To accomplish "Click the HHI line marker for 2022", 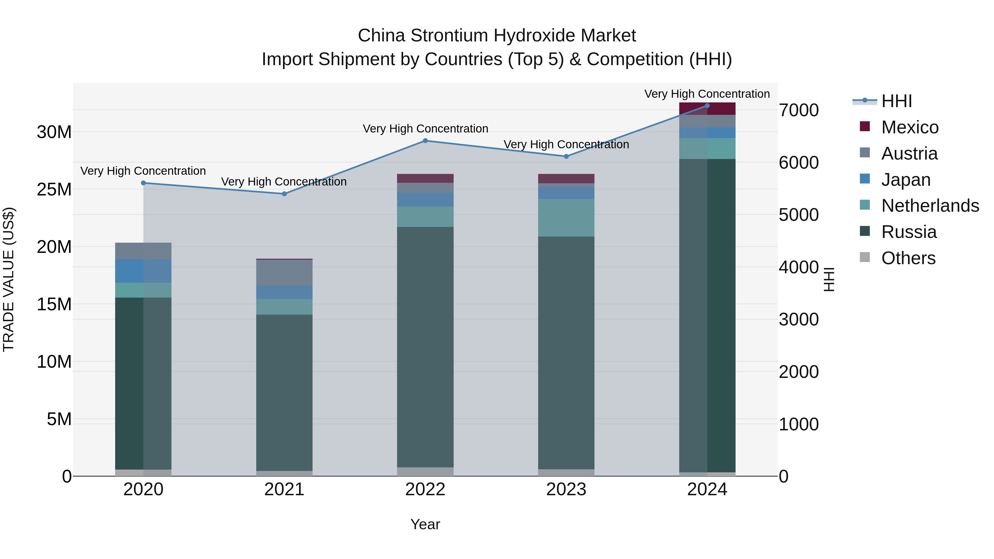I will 425,141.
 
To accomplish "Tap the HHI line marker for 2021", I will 284,194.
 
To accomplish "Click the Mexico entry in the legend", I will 910,127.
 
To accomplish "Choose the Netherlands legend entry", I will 930,206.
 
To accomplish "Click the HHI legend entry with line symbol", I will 896,101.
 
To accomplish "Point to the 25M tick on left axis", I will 54,189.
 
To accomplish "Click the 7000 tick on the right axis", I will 798,110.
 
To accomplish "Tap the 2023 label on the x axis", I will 566,489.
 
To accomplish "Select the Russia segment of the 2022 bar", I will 425,347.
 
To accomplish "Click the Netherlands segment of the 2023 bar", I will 566,218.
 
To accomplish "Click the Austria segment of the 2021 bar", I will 284,273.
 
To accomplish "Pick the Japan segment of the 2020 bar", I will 143,271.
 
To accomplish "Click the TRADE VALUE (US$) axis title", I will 9,279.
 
